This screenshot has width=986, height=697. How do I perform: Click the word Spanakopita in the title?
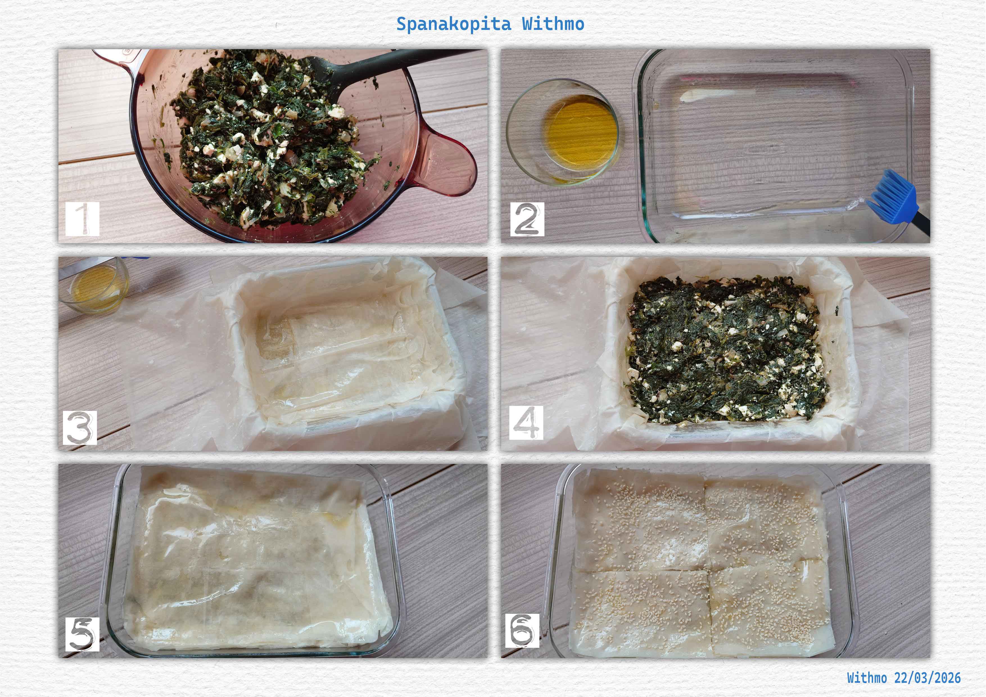pyautogui.click(x=453, y=24)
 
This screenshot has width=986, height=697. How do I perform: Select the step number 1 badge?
pyautogui.click(x=82, y=219)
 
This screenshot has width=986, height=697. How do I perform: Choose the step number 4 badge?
pyautogui.click(x=526, y=423)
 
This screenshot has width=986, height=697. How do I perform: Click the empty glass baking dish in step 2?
pyautogui.click(x=773, y=146)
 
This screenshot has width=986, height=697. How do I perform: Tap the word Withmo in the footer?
pyautogui.click(x=861, y=678)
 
